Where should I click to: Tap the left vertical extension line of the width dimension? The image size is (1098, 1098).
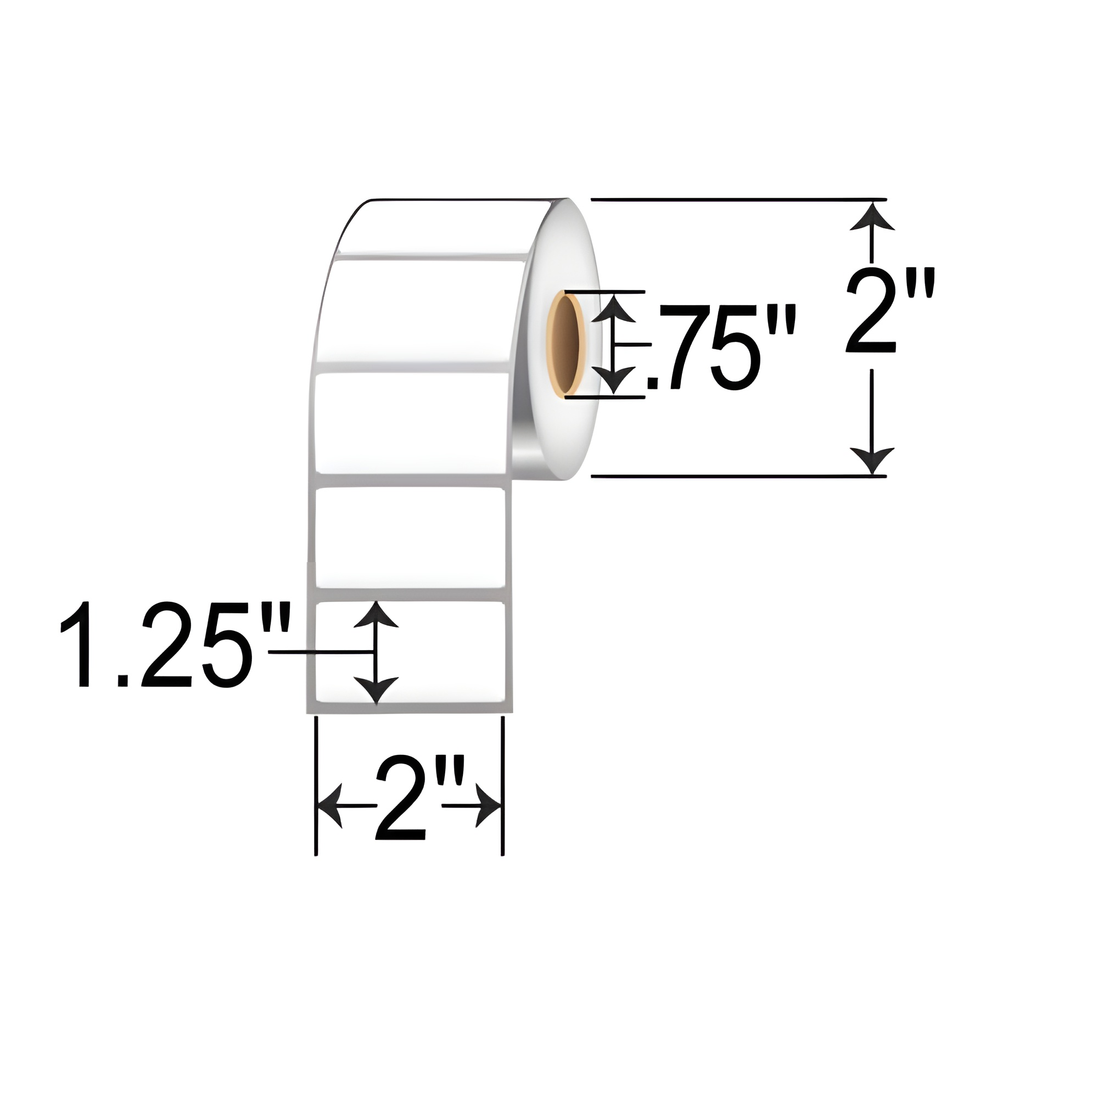pyautogui.click(x=316, y=785)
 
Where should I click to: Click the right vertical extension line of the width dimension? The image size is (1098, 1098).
pyautogui.click(x=502, y=785)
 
